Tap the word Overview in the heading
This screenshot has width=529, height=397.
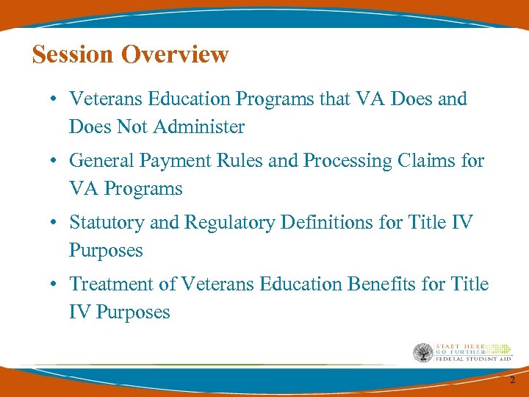[176, 54]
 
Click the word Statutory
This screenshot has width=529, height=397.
[106, 222]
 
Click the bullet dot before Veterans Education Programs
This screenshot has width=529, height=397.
[56, 99]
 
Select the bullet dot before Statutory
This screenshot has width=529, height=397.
[56, 223]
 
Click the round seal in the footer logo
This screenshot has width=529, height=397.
[423, 354]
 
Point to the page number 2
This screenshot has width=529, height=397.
[513, 379]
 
